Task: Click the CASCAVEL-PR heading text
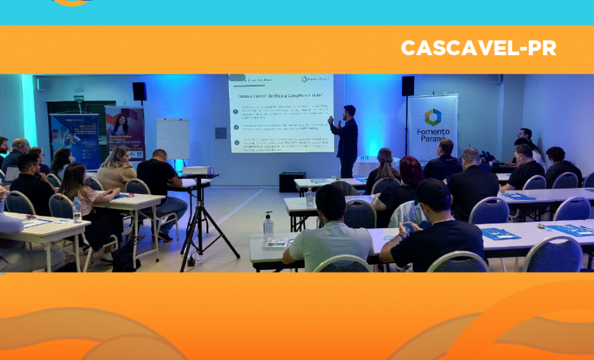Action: click(478, 49)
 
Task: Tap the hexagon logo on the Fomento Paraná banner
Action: click(432, 117)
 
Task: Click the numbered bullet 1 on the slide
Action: click(236, 112)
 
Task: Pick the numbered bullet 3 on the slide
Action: click(236, 142)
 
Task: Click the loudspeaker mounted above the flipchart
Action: click(140, 91)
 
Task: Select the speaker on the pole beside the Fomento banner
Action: click(408, 86)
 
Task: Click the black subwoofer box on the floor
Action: click(292, 182)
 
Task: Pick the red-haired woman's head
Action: click(410, 170)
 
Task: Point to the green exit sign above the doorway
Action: click(79, 98)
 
